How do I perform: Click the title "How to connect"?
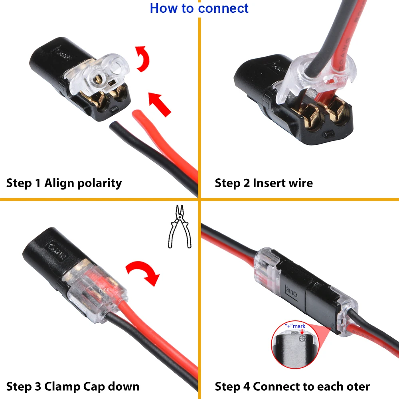199,8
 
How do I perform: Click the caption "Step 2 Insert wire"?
264,183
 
